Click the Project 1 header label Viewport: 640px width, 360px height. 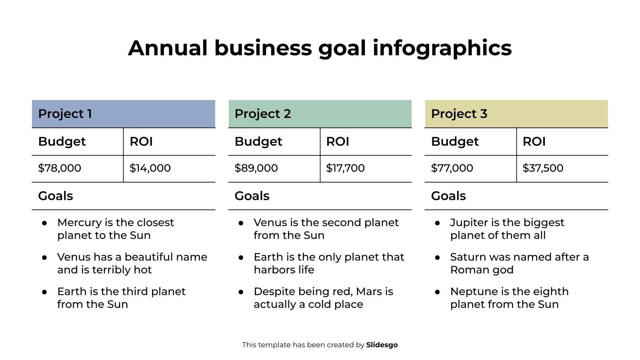point(65,114)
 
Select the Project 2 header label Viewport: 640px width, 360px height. point(262,114)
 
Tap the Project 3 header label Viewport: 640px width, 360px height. point(459,114)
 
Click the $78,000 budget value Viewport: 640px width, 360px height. point(60,168)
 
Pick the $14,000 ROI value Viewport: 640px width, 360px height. point(150,168)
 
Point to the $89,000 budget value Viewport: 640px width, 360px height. point(256,168)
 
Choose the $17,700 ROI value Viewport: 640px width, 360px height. point(345,168)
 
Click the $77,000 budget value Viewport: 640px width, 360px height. point(452,168)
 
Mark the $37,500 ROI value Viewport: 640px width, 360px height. point(543,168)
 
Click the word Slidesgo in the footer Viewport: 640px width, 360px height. point(382,345)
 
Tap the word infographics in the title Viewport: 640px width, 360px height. point(442,48)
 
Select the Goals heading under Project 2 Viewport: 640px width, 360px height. point(252,196)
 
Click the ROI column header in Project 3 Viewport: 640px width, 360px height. point(534,142)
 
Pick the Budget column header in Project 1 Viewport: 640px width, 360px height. point(62,142)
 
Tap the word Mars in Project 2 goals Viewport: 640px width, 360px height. point(366,292)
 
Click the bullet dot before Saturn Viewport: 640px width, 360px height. point(438,258)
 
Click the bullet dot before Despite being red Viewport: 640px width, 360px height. point(241,292)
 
